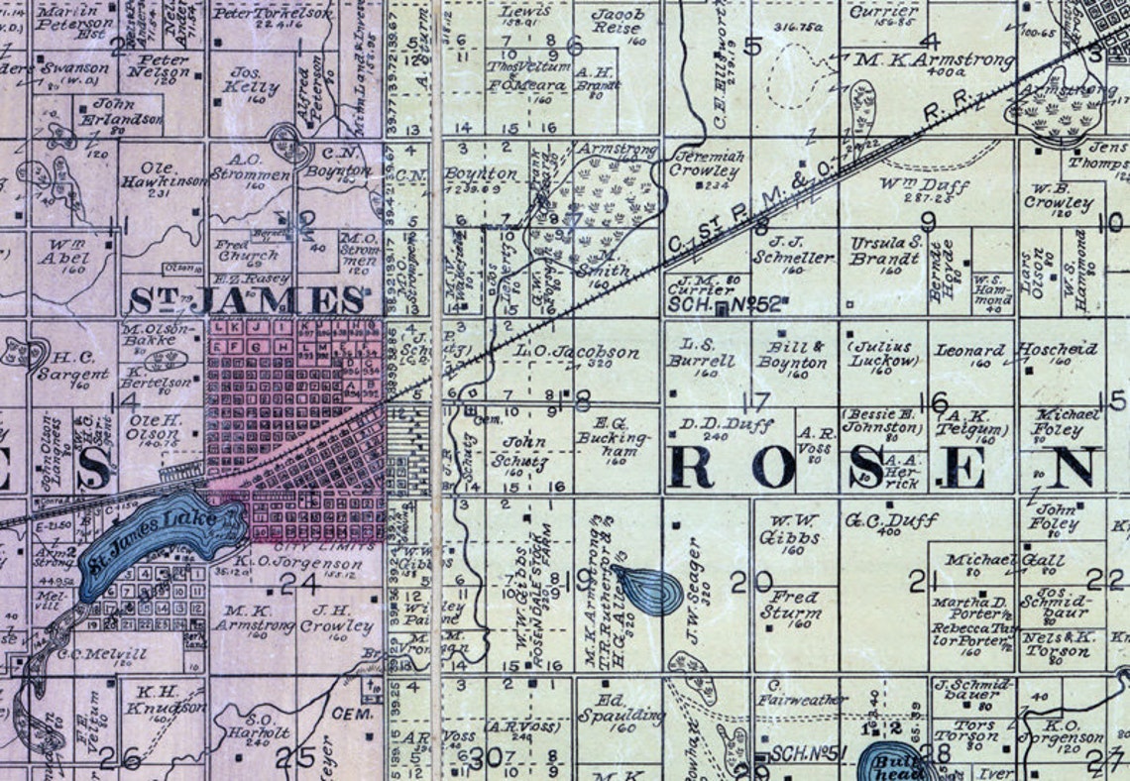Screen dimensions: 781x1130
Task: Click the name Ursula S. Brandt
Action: [884, 251]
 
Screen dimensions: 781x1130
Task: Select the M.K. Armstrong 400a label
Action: [935, 61]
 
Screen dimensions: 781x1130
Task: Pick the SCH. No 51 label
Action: [808, 753]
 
